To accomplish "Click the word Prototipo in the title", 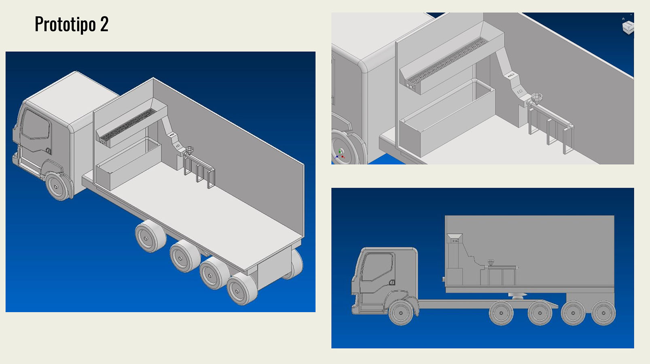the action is point(65,24).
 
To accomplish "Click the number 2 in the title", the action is point(104,24).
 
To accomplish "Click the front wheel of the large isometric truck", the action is point(58,186).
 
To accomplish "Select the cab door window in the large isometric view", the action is point(36,125).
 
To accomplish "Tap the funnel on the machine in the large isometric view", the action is point(190,150).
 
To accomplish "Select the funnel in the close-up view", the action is point(537,98).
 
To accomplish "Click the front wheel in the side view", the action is point(401,313).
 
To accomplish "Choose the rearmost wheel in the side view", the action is point(603,313).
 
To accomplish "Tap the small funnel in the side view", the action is point(491,262).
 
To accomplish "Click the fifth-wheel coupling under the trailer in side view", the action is point(517,296).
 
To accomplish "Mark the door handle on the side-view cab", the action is point(392,282).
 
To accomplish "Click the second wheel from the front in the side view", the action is point(501,313).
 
